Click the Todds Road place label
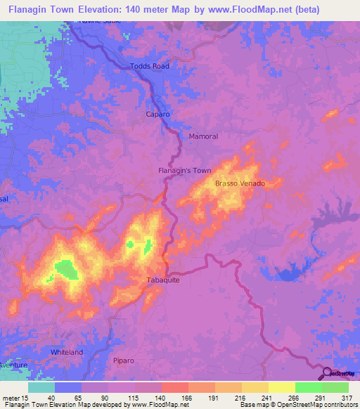150,67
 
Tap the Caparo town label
158,114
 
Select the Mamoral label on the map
204,136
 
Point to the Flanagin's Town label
184,170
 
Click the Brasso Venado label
240,183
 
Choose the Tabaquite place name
164,280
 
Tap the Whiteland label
67,351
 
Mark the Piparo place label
124,361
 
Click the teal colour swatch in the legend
41,387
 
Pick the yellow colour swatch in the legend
281,387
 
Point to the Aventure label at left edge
13,365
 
